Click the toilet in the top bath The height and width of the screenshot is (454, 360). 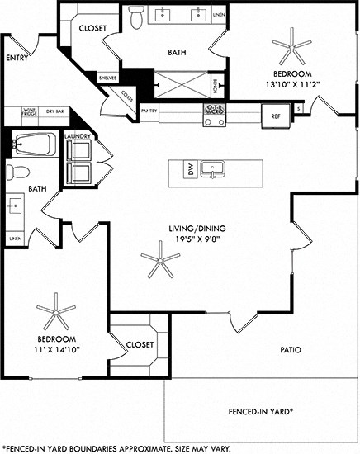(136, 15)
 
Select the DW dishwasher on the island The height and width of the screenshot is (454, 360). (190, 169)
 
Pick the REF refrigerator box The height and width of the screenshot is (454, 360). (277, 116)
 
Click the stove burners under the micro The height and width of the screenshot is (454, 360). (214, 120)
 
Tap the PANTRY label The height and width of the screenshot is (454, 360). (149, 109)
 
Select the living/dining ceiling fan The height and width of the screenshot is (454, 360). (159, 263)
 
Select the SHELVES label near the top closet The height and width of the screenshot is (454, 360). (108, 78)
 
